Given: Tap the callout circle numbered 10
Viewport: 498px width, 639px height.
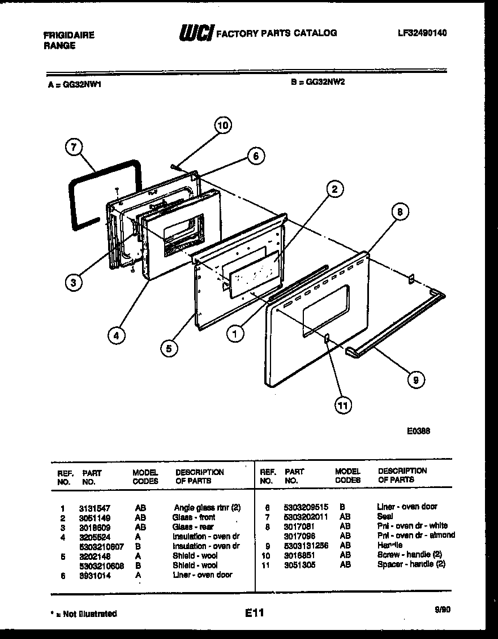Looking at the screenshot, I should [x=223, y=126].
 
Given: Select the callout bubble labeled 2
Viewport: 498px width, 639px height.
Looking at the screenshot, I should [x=335, y=189].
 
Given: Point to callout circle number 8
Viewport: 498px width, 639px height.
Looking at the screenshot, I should [x=400, y=213].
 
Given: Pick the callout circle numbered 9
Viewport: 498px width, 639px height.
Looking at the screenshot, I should [x=415, y=381].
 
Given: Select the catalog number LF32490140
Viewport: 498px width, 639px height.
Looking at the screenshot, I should [x=422, y=33].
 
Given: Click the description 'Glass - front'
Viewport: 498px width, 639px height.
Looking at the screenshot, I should [x=194, y=517].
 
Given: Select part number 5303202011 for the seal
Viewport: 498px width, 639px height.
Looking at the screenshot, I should [x=306, y=516].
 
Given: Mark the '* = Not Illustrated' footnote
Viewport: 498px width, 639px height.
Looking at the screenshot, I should [x=83, y=614].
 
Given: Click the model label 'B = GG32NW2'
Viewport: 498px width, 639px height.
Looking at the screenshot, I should [x=317, y=81].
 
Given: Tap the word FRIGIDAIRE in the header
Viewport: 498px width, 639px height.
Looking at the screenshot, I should [x=69, y=35].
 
